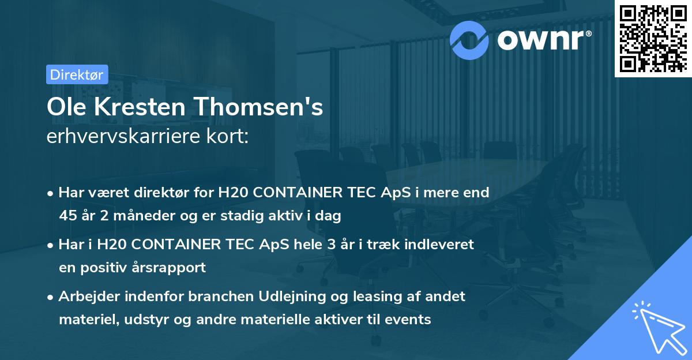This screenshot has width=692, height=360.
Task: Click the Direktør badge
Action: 77,74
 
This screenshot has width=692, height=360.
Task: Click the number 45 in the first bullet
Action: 68,216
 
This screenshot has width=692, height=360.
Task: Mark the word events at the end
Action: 411,319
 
